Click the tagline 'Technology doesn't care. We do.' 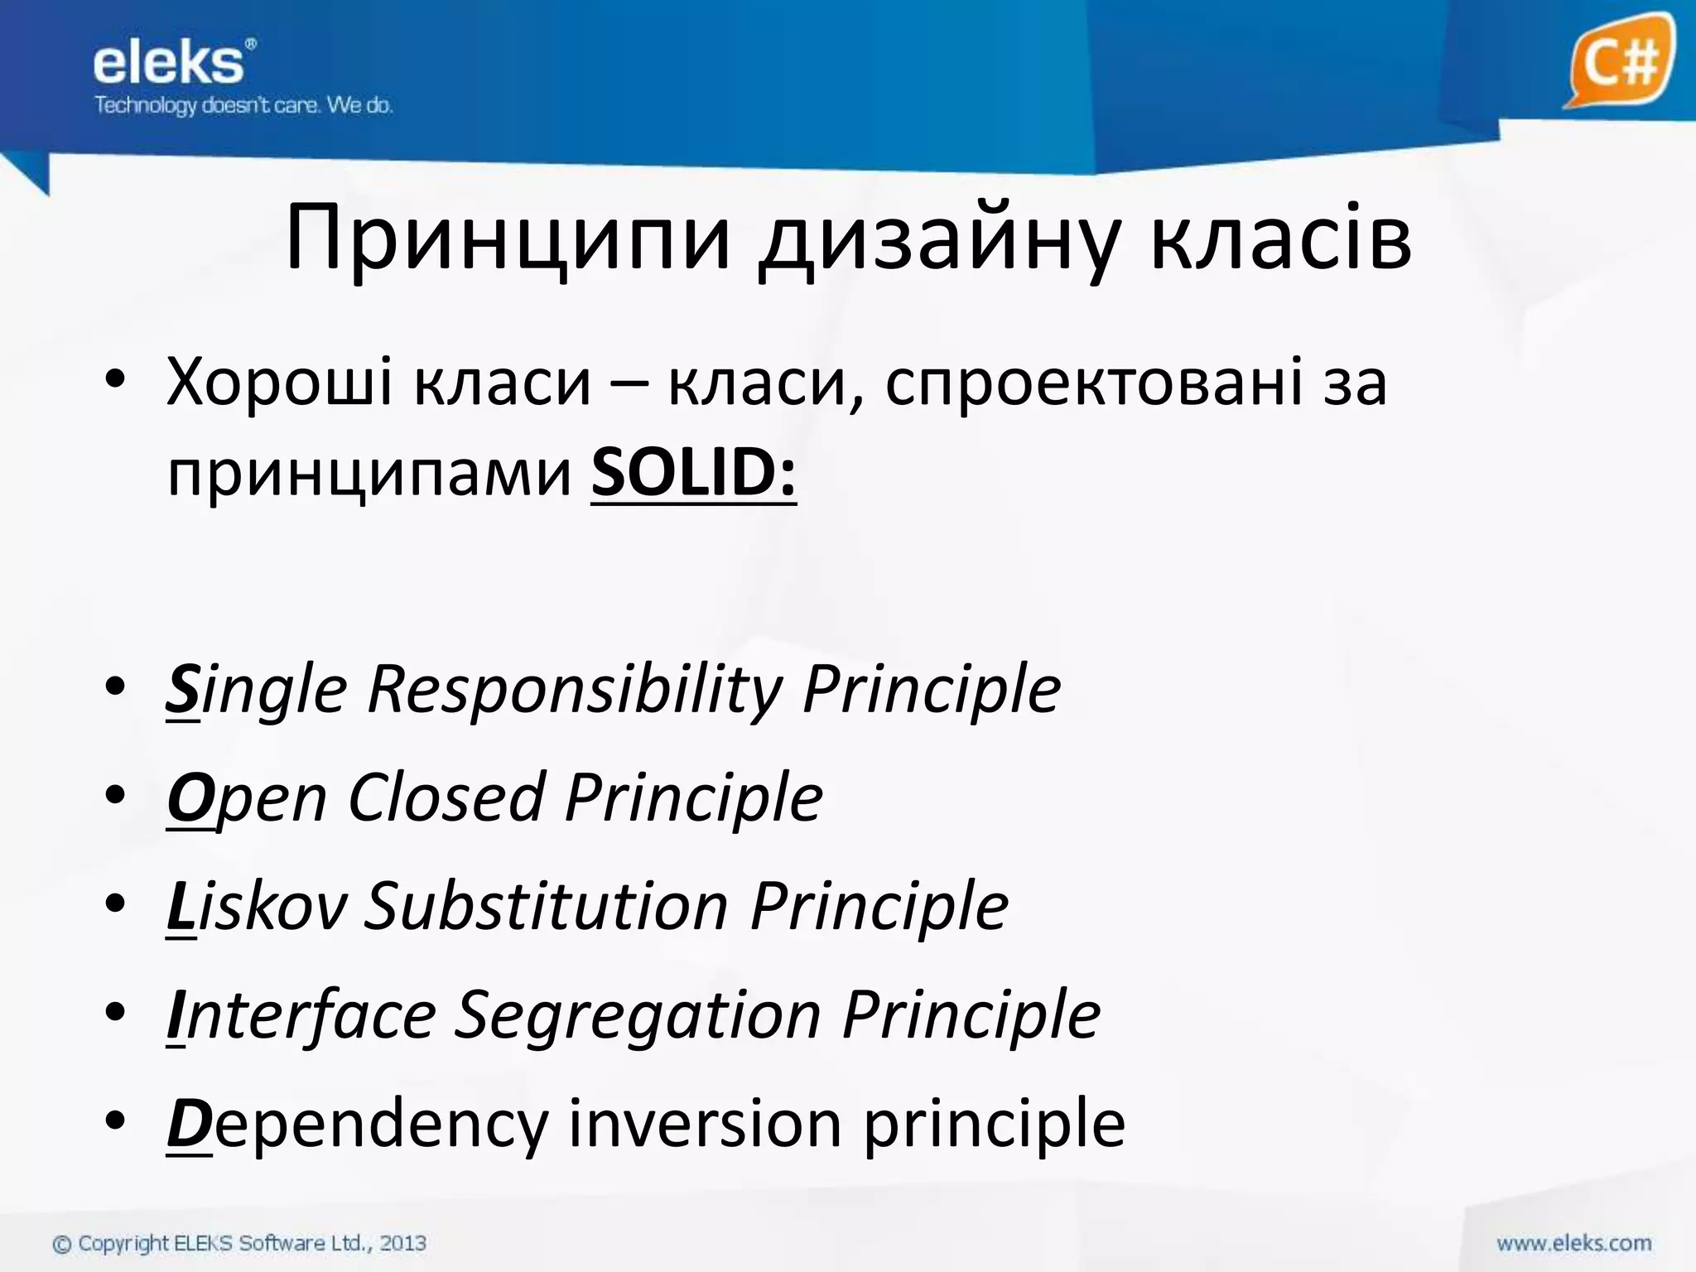[243, 105]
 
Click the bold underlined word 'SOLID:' [693, 472]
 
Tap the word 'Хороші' [279, 382]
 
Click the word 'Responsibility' [575, 689]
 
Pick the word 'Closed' [446, 797]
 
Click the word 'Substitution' [547, 906]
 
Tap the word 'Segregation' [638, 1014]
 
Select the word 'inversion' [705, 1123]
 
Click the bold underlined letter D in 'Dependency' [189, 1123]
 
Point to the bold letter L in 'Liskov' [181, 906]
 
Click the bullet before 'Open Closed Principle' [115, 796]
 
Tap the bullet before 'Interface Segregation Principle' [115, 1013]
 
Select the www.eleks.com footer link [1573, 1243]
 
